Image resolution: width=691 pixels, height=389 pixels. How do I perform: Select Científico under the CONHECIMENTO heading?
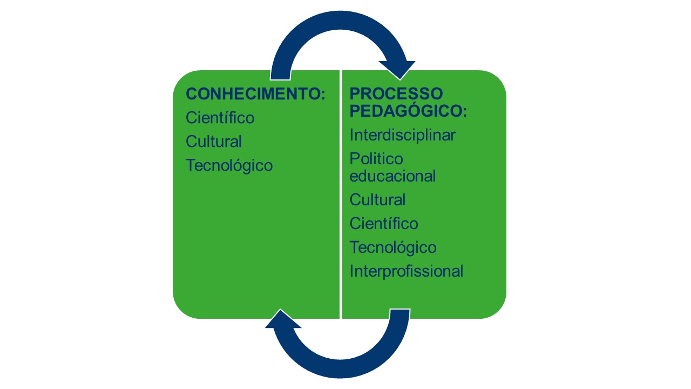(220, 118)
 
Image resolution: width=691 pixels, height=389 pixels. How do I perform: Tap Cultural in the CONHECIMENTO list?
(213, 142)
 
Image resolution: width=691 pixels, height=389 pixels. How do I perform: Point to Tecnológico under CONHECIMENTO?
(229, 165)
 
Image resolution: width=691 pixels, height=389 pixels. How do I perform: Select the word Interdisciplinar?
(402, 135)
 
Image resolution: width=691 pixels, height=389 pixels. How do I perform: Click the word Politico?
(376, 159)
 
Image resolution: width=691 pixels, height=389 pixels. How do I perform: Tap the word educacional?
(392, 176)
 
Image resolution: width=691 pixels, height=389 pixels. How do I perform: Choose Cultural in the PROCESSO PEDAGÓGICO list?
(377, 200)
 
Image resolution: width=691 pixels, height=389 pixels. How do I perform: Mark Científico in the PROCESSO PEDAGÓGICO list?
(384, 224)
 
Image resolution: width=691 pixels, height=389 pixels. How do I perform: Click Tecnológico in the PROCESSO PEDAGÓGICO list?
(393, 247)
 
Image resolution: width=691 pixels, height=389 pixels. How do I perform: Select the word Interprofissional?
(406, 271)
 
